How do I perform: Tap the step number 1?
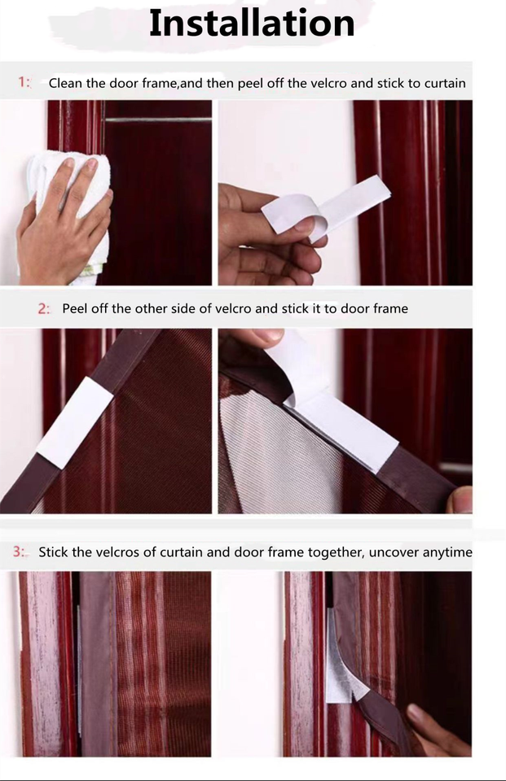coord(24,82)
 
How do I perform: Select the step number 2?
coord(44,308)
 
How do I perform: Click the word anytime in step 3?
coord(447,552)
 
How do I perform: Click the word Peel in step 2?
coord(76,309)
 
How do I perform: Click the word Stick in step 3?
coord(53,552)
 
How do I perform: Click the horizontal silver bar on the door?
coord(157,120)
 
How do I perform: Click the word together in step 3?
coord(335,552)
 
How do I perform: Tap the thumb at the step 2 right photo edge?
coord(461,498)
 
